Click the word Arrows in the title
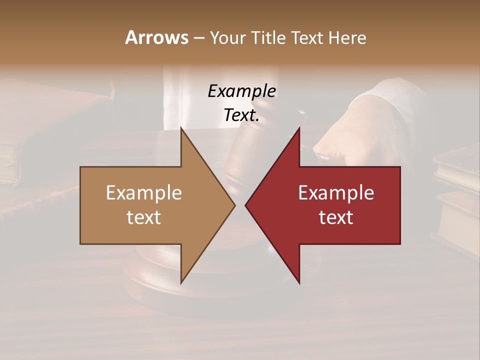coord(156,38)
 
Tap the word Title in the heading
coord(271,38)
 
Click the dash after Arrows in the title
coord(198,38)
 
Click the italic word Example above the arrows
coord(241,91)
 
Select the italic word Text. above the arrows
coord(241,115)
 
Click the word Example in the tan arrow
coord(144,192)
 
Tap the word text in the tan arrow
coord(144,217)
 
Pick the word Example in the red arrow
coord(336,192)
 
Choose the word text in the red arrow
coord(336,217)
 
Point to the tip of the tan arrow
coord(234,205)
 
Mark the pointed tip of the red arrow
coord(246,205)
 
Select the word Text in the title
coord(306,38)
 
